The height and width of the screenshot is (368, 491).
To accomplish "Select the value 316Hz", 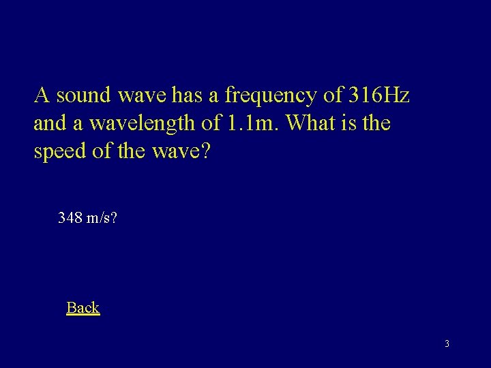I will pos(379,95).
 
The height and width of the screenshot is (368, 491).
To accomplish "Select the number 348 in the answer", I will pos(70,218).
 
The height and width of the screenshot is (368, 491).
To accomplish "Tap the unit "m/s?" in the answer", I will pos(102,218).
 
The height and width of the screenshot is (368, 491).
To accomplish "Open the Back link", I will pos(83,307).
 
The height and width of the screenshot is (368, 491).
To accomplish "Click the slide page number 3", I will pos(447,343).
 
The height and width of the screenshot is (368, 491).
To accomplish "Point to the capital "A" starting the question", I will pos(41,95).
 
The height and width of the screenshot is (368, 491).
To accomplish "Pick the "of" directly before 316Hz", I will pos(333,95).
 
